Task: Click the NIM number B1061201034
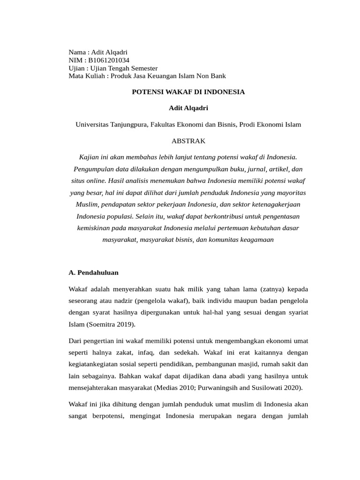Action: tap(108, 60)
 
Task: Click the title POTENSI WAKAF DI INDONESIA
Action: tap(188, 92)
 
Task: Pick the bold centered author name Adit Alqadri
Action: tap(188, 108)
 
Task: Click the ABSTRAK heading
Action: tap(188, 141)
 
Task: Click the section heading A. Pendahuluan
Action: tap(94, 272)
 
